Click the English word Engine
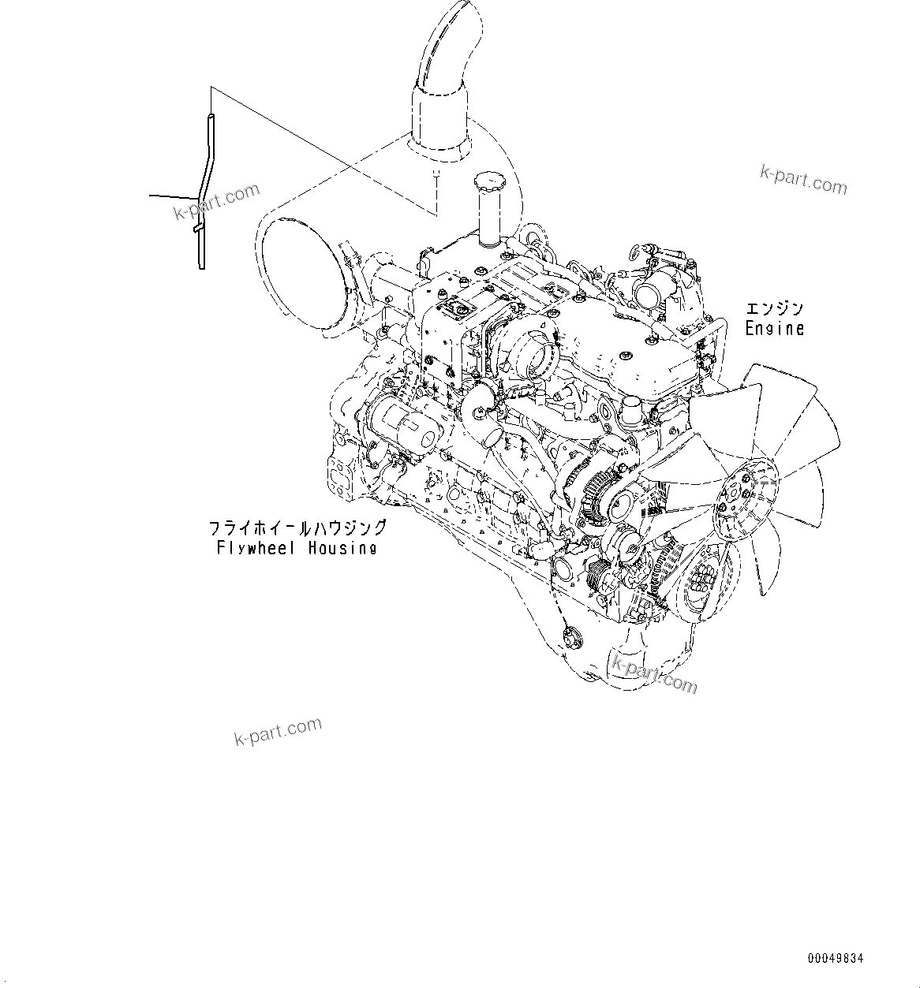[x=775, y=328]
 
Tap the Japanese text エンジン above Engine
[x=774, y=308]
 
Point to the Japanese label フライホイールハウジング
[x=297, y=528]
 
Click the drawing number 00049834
[x=836, y=958]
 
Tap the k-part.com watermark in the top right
[x=803, y=180]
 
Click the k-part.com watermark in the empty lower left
[x=278, y=732]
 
